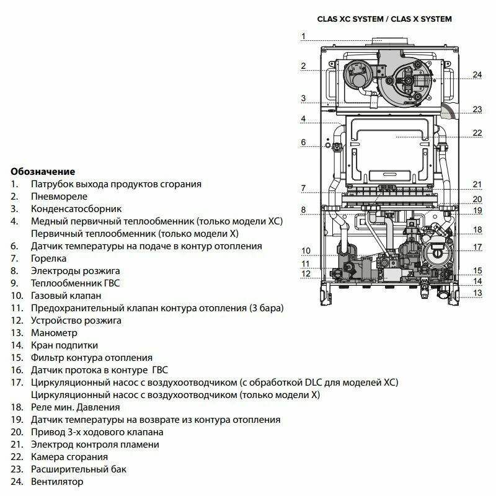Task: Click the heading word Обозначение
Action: point(43,171)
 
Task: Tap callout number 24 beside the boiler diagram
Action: point(477,74)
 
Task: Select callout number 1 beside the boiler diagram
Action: point(303,36)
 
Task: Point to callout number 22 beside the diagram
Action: point(477,132)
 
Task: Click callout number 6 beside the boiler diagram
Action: point(304,143)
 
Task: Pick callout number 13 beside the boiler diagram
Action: point(477,293)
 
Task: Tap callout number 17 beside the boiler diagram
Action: point(477,247)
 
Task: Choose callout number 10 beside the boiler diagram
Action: point(306,250)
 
